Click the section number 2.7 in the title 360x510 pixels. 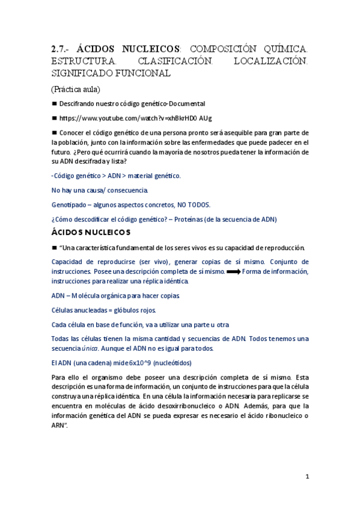60,49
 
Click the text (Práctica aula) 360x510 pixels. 76,89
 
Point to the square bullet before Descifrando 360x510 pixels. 54,103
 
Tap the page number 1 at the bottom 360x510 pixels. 307,476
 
